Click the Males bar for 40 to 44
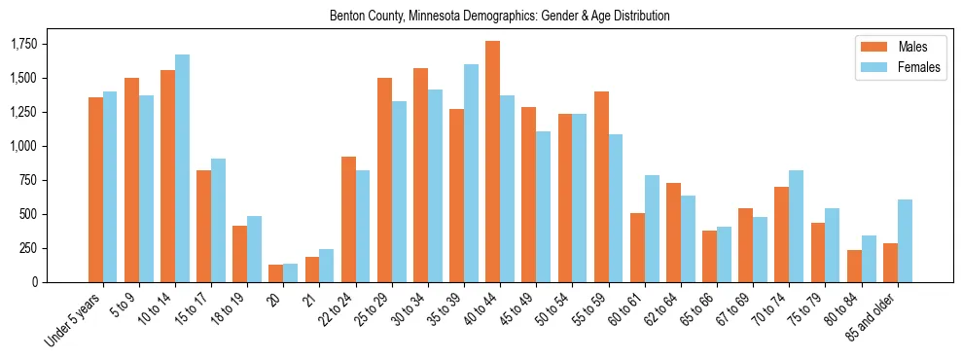click(492, 162)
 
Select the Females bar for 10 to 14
click(182, 168)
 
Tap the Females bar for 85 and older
click(905, 240)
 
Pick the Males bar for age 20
click(275, 273)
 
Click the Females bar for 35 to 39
click(471, 173)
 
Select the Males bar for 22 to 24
click(348, 219)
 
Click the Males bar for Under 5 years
click(95, 190)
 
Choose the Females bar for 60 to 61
click(652, 229)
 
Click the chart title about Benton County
click(500, 17)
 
